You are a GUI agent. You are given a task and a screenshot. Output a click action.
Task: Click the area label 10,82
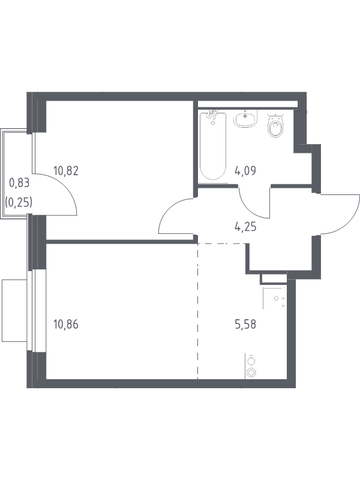tap(66, 170)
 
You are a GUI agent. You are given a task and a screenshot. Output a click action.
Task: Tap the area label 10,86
tap(66, 324)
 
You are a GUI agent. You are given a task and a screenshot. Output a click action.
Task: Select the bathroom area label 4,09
tap(245, 170)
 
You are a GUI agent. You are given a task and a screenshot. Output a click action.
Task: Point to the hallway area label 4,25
tap(245, 227)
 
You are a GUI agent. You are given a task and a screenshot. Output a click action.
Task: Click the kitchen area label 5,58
tap(245, 324)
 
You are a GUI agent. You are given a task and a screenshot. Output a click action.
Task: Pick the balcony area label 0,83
tap(19, 183)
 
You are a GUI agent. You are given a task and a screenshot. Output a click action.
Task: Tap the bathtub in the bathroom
tap(213, 146)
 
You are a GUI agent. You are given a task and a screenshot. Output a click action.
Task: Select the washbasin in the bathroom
tap(245, 119)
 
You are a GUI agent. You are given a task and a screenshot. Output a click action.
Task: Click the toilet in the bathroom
tap(276, 125)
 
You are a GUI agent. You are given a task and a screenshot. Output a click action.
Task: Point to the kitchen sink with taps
tap(275, 298)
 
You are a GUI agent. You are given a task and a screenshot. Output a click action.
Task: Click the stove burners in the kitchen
tap(251, 367)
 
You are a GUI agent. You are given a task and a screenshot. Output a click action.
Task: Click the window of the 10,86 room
tap(32, 310)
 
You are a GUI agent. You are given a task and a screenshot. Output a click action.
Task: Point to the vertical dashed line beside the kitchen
tap(198, 311)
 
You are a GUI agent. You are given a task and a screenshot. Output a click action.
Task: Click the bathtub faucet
tap(212, 115)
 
